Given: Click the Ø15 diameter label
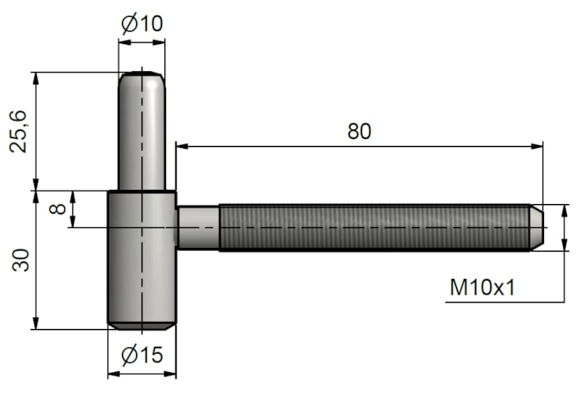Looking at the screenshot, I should point(141,355).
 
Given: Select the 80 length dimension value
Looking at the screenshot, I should point(359,131).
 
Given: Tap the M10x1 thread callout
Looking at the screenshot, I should point(482,288).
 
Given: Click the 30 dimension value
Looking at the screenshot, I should point(20,260).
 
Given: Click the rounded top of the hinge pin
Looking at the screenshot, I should point(141,76).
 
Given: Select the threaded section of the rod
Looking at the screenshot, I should point(373,228).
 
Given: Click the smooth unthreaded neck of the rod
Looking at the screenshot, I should point(198,228).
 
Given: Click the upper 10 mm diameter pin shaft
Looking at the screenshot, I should point(141,132).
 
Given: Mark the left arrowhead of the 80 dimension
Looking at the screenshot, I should point(181,146).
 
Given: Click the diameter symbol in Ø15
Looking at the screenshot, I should point(128,356).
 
